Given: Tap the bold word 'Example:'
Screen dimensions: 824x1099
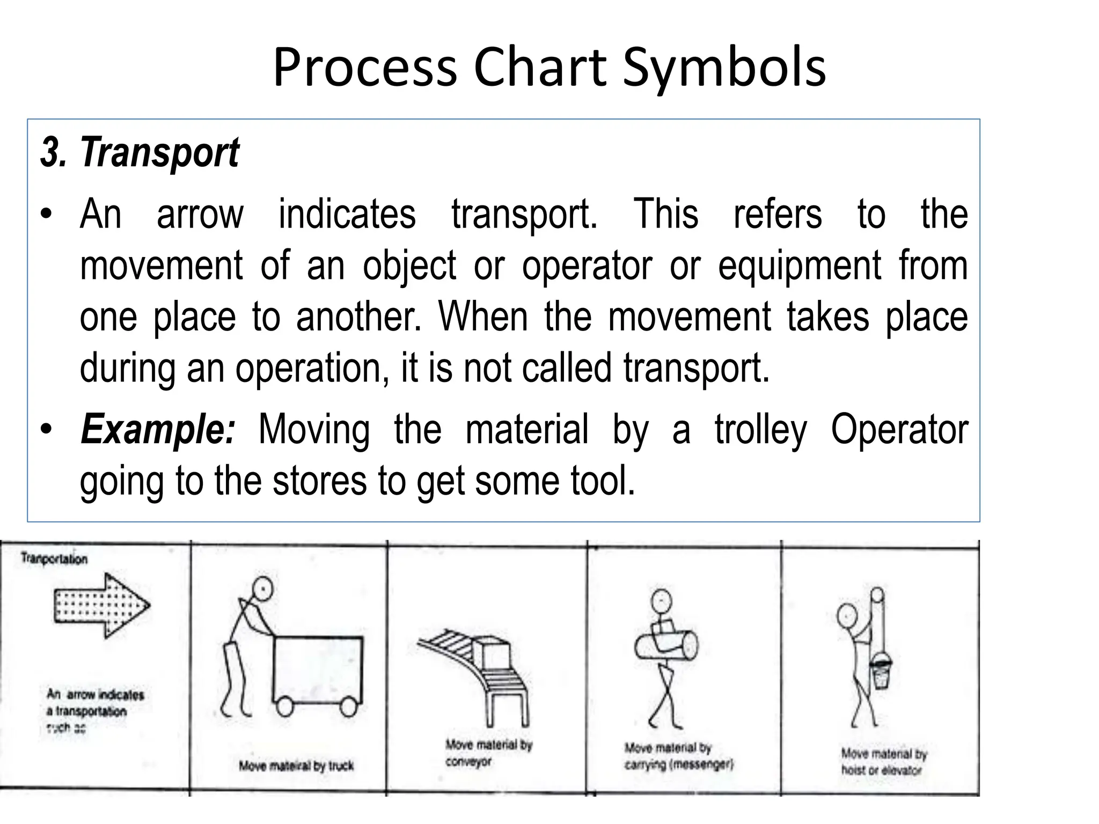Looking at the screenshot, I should [158, 430].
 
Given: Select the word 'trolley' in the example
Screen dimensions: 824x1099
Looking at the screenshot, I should [760, 430].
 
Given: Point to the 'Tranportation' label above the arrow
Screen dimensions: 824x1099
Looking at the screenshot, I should [54, 559].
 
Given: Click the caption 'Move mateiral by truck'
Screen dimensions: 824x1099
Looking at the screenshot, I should [296, 766].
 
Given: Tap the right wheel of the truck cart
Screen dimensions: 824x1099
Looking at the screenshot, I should [348, 707].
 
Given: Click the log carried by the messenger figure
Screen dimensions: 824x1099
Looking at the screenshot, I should [666, 646].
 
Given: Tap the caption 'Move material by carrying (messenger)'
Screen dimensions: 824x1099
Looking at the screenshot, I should [677, 756].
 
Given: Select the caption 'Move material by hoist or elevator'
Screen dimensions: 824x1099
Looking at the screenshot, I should [883, 762].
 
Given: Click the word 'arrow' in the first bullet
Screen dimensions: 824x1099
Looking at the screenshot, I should [200, 215].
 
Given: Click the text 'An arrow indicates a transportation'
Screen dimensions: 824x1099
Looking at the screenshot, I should [95, 703].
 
